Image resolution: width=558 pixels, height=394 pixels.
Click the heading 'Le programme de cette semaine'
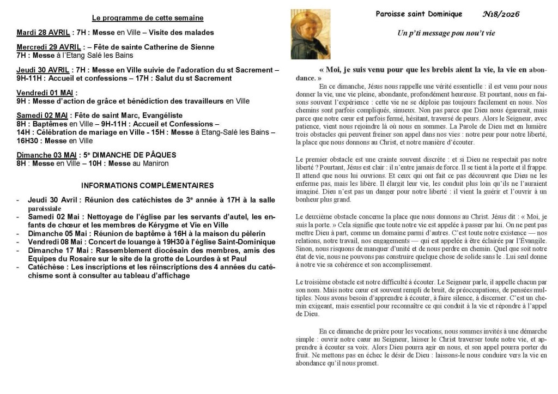[147, 18]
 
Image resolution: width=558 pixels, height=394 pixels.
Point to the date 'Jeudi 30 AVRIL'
[43, 70]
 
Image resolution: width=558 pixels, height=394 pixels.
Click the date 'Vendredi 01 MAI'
[46, 93]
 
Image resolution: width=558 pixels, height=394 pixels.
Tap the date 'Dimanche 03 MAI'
[47, 155]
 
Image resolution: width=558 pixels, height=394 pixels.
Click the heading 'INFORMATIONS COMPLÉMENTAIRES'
[147, 186]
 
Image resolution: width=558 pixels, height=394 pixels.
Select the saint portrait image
[310, 34]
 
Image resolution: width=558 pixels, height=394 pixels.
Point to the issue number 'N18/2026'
[501, 14]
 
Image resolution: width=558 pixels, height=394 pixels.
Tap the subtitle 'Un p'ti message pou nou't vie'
[446, 34]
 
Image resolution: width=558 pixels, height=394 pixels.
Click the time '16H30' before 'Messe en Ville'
[27, 141]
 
